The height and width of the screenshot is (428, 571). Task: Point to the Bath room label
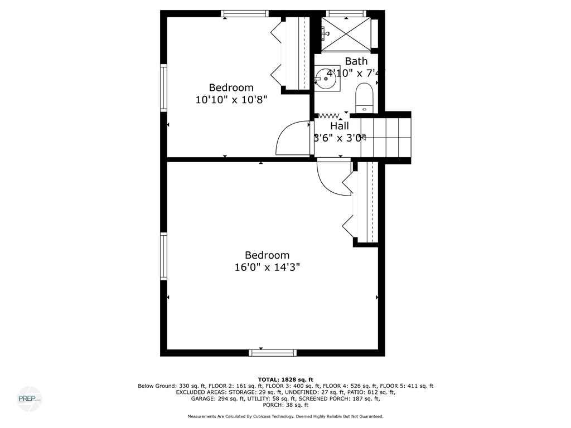pyautogui.click(x=356, y=61)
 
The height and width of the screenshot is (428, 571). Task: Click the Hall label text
pyautogui.click(x=339, y=127)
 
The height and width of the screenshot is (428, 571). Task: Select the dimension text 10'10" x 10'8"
pyautogui.click(x=231, y=100)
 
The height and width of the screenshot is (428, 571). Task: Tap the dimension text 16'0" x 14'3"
pyautogui.click(x=267, y=267)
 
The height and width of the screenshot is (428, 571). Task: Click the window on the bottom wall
pyautogui.click(x=273, y=352)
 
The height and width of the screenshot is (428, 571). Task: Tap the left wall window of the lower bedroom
pyautogui.click(x=164, y=255)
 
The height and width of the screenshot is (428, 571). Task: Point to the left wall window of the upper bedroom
pyautogui.click(x=164, y=87)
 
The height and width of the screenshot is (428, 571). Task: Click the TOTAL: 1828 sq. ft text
pyautogui.click(x=285, y=379)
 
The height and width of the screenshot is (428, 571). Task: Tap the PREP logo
pyautogui.click(x=29, y=399)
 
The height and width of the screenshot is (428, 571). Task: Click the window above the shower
pyautogui.click(x=346, y=13)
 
